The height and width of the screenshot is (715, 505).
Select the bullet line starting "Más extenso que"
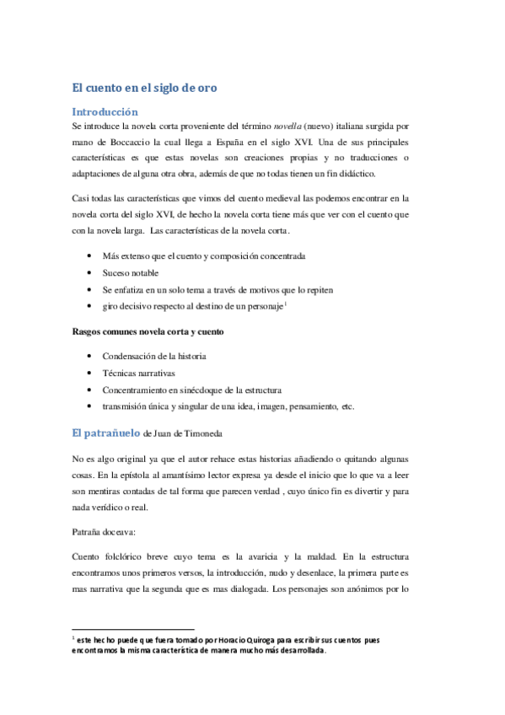click(203, 255)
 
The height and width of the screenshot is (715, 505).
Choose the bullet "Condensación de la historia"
click(154, 356)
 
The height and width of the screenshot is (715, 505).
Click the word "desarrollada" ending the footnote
click(295, 651)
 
